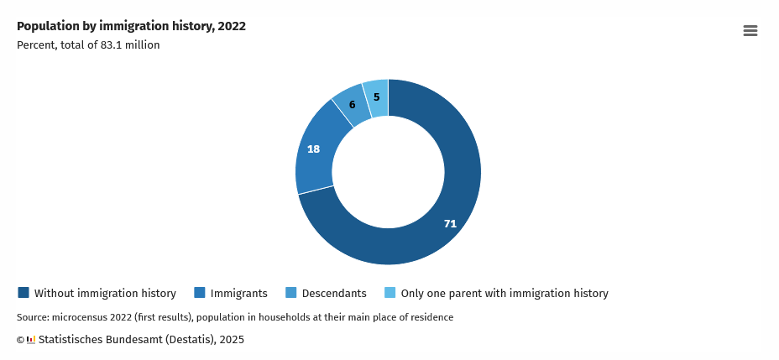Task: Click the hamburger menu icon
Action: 750,31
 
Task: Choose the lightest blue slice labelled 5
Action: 377,97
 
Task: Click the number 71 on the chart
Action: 450,224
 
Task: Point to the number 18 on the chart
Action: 313,149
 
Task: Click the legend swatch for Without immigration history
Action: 24,293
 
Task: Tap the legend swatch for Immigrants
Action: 200,293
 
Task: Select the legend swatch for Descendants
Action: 291,293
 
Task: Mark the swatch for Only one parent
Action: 390,293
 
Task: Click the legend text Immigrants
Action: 238,294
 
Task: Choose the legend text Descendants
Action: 334,294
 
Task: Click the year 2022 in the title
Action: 232,26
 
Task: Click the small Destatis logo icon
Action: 31,340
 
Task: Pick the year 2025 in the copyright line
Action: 231,340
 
